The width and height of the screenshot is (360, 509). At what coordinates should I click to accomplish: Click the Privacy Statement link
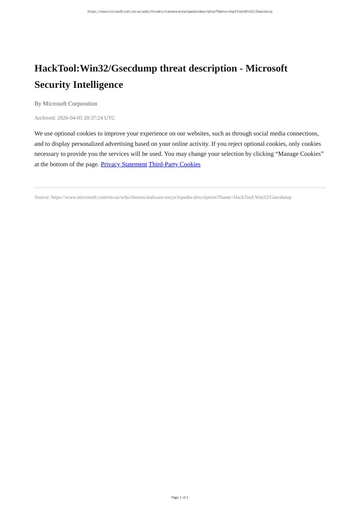coord(124,164)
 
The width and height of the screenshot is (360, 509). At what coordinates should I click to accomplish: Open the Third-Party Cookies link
coord(174,164)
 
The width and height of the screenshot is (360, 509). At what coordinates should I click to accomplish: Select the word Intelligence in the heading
coord(98,85)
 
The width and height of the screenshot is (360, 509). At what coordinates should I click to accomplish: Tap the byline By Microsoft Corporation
coord(66,104)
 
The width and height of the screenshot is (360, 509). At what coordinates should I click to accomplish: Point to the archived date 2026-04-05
coord(70,118)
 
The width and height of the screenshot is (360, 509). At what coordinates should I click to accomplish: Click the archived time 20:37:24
coord(93,118)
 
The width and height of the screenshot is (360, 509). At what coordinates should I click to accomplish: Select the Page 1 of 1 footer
coord(180,497)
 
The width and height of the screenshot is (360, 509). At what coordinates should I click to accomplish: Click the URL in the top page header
coord(180,12)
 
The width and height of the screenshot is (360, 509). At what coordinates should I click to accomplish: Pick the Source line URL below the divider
coord(171,197)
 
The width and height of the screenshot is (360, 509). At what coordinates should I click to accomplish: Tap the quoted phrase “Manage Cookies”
coord(301,154)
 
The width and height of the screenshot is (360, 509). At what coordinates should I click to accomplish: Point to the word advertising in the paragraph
coord(119,144)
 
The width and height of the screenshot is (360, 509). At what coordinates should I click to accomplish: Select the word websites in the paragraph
coord(199,134)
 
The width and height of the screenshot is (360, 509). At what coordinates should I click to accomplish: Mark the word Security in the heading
coord(52,85)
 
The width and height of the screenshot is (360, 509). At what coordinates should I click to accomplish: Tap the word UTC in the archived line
coord(110,118)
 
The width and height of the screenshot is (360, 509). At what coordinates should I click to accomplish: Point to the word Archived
coord(45,118)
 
